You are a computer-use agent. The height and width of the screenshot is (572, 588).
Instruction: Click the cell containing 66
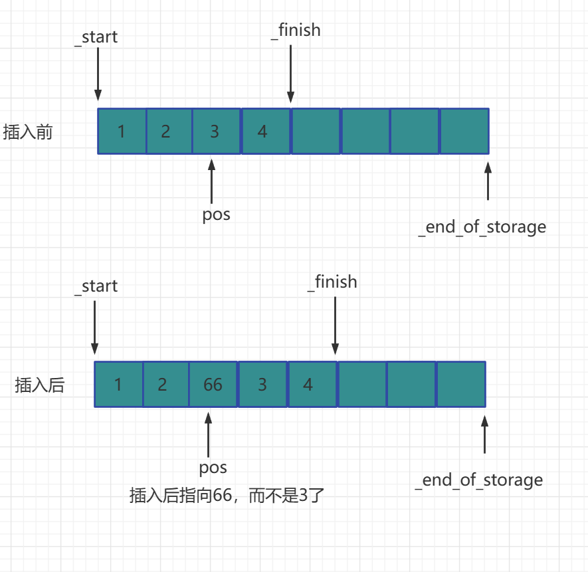click(213, 384)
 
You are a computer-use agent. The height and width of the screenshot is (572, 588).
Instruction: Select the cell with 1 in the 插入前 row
click(122, 132)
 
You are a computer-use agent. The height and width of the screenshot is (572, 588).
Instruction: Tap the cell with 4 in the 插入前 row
click(265, 132)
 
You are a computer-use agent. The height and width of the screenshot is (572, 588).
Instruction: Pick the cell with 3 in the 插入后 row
click(262, 384)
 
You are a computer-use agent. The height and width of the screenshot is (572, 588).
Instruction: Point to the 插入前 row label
click(28, 132)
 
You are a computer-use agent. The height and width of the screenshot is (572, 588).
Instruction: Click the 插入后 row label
click(40, 385)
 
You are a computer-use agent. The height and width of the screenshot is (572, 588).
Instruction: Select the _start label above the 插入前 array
click(96, 37)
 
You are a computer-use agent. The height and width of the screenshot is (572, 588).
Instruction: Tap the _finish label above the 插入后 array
click(332, 282)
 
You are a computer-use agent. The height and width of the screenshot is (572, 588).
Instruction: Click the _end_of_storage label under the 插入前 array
click(482, 227)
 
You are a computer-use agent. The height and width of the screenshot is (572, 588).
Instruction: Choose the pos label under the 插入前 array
click(216, 215)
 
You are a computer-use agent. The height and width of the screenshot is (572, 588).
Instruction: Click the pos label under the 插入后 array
click(213, 467)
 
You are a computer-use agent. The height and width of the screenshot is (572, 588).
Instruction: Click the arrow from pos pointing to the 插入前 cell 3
click(212, 181)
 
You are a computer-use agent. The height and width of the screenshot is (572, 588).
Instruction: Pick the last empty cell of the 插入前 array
click(464, 132)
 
